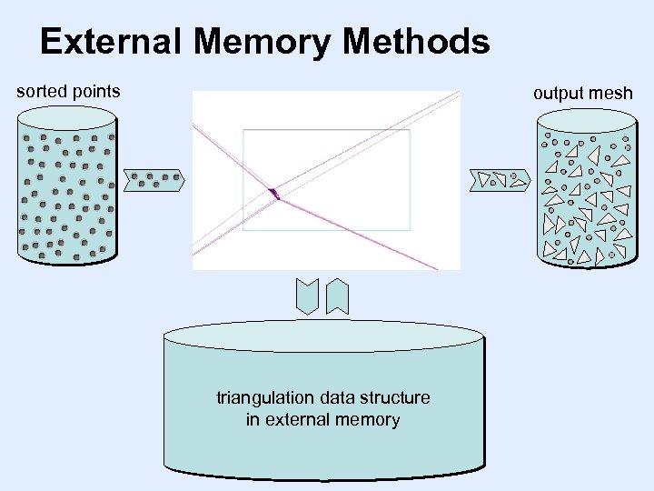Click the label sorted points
coord(68,91)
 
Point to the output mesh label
coord(582,93)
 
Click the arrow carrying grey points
coord(154,181)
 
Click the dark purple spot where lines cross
coord(273,193)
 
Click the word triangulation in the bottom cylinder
coord(263,398)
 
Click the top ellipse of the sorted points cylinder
coord(67,117)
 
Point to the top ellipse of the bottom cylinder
coord(322,335)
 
